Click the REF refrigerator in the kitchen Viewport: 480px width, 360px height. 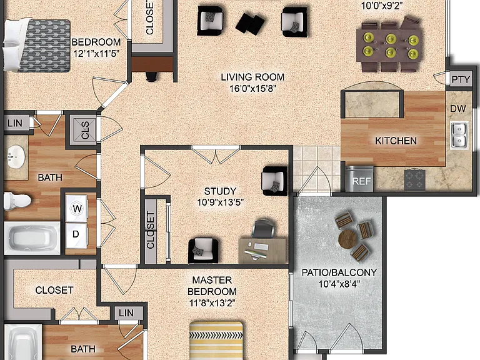[x=359, y=179]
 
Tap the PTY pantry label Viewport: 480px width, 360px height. [x=461, y=79]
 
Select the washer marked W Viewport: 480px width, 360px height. [x=77, y=209]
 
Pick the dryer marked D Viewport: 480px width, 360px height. [x=76, y=235]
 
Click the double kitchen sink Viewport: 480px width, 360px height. [x=459, y=135]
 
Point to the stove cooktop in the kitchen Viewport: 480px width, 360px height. [x=415, y=180]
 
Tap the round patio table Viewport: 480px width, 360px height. [x=347, y=239]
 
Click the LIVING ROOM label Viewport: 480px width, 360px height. [x=252, y=77]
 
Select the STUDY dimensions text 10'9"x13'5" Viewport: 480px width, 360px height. [x=221, y=202]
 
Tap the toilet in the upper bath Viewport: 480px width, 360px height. [x=17, y=201]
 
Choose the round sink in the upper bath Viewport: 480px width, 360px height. [x=16, y=156]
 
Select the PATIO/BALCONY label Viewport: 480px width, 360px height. [x=339, y=272]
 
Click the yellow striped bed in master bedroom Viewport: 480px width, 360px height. [x=216, y=341]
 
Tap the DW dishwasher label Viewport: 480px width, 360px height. [x=458, y=108]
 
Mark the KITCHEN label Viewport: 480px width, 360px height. [x=396, y=141]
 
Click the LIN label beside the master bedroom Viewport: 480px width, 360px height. [x=126, y=313]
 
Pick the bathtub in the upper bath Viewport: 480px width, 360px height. [x=32, y=238]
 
